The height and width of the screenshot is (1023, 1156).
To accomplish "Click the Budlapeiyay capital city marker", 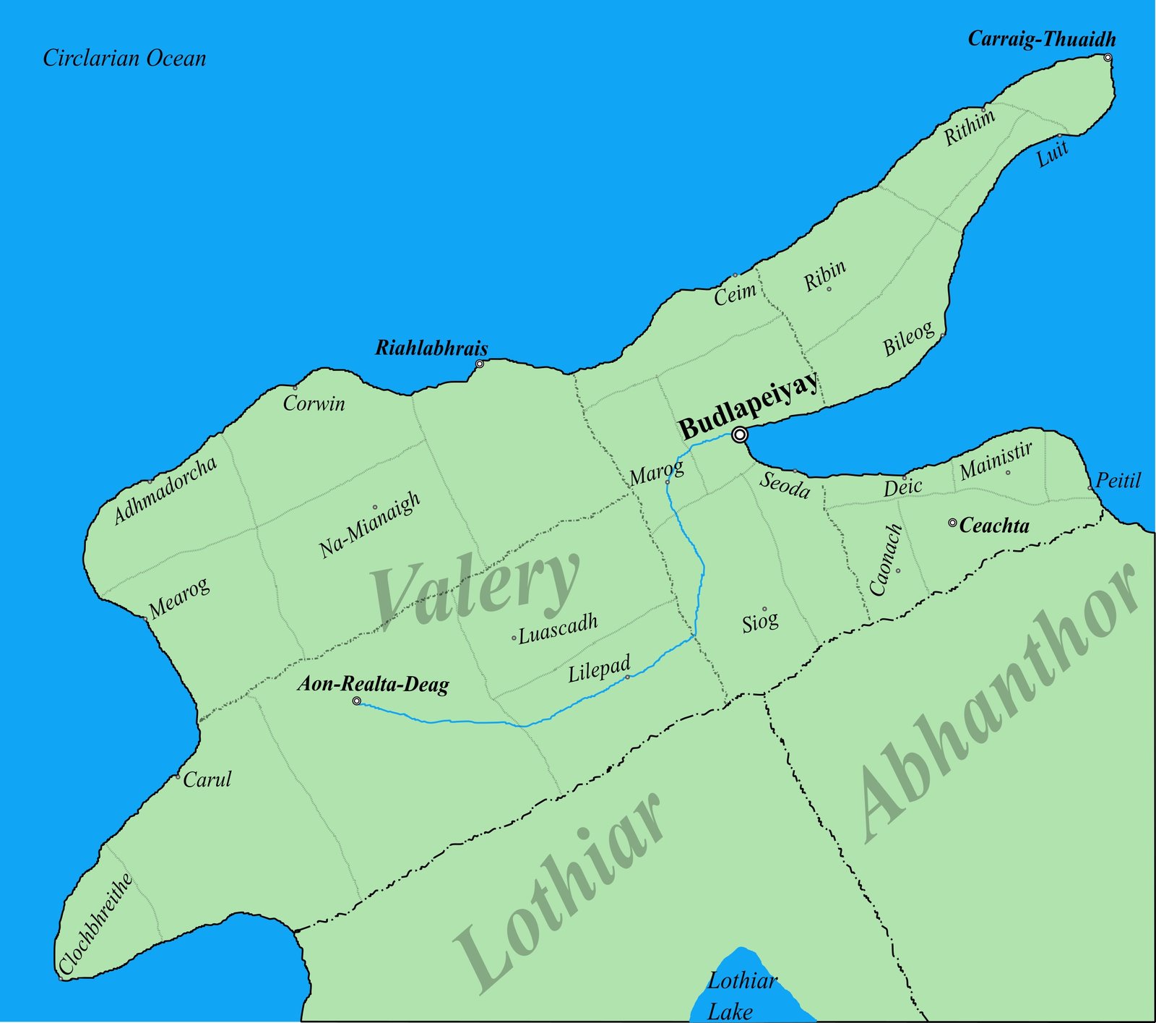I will coord(738,435).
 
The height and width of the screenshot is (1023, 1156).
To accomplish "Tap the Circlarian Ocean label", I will coord(124,59).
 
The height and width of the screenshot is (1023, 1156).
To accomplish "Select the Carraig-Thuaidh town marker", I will coord(1108,58).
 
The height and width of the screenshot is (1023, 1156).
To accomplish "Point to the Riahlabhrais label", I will coord(431,348).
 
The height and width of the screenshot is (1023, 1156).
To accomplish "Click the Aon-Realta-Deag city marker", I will coord(356,701).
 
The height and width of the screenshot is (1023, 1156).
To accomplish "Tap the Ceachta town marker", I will coord(952,522).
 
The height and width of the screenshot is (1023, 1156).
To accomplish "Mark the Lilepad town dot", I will coord(627,677).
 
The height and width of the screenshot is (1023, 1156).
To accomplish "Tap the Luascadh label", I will coord(558,628).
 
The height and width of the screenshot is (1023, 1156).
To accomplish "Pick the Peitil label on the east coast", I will coord(1118,481).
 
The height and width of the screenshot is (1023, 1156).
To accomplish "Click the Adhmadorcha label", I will coord(165,489).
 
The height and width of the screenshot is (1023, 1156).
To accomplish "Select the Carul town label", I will coord(207,779).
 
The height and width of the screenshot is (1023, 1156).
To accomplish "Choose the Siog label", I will coord(760,622).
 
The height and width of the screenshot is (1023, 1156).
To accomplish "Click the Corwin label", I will coord(314,403).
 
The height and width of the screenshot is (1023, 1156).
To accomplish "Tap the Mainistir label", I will coord(996,461).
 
